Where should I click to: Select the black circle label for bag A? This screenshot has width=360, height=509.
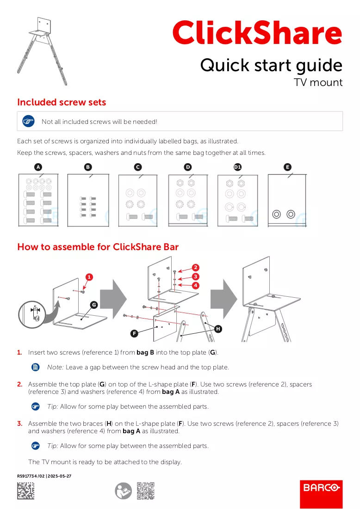tap(38, 167)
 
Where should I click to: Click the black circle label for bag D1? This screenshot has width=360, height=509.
tap(237, 167)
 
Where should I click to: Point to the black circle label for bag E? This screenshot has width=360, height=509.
tap(287, 167)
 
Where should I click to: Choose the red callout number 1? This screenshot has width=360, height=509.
tap(89, 277)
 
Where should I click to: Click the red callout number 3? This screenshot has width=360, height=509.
tap(195, 276)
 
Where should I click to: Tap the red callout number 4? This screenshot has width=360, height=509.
tap(195, 285)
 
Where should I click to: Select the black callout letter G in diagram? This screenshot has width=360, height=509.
tap(94, 305)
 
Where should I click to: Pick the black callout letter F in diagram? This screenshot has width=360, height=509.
tap(134, 333)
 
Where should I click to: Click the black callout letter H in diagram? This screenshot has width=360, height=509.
tap(218, 329)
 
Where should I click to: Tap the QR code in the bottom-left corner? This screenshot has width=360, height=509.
tap(25, 491)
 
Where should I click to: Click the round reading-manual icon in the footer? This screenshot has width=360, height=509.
tap(124, 491)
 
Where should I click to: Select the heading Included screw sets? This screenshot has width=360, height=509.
tap(62, 102)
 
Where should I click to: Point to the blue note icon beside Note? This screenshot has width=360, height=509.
tap(36, 367)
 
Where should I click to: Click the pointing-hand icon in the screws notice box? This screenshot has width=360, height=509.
tap(28, 122)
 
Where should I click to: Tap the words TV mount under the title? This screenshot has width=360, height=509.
tap(318, 82)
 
